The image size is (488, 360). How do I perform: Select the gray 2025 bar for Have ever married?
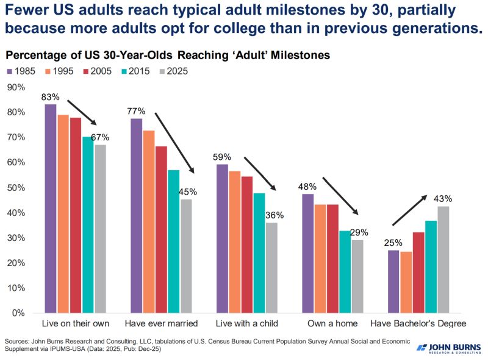[x=187, y=256]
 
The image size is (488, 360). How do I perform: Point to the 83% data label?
[x=50, y=97]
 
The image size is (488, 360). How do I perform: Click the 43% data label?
[x=443, y=198]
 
